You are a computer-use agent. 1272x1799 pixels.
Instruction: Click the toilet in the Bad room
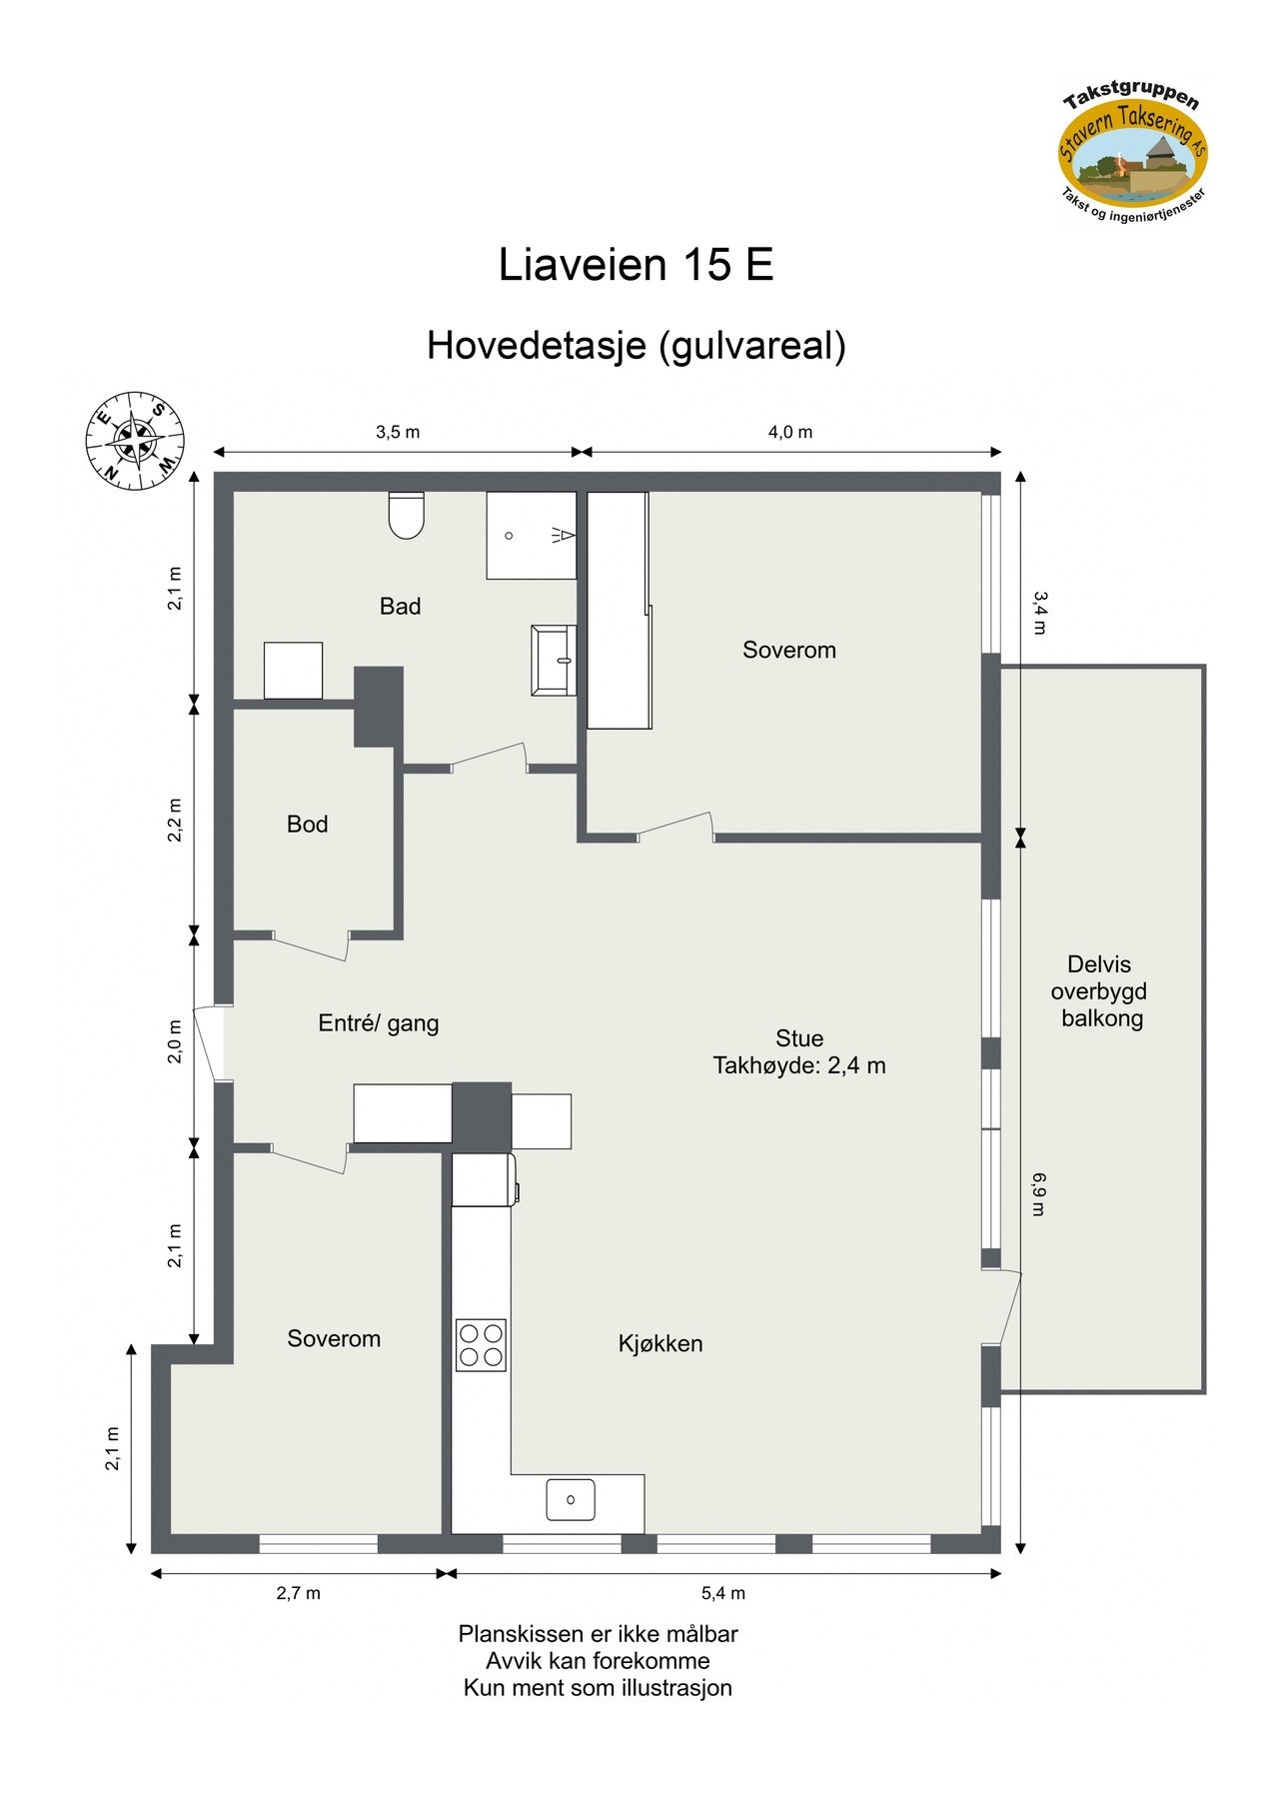[x=406, y=516]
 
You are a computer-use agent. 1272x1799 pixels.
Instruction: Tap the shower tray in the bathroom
[x=531, y=535]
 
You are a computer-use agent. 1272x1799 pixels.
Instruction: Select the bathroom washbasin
[x=554, y=659]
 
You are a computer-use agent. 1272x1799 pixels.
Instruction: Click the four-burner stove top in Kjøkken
[x=481, y=1344]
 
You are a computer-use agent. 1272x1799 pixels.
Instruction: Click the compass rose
[x=135, y=441]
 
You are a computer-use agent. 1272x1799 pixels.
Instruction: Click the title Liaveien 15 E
[x=636, y=265]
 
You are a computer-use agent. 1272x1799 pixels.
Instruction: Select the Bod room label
[x=307, y=824]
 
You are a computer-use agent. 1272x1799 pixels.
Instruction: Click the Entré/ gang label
[x=378, y=1022]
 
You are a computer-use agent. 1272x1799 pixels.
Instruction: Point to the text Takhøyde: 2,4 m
[x=798, y=1065]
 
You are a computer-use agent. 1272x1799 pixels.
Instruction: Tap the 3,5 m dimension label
[x=398, y=432]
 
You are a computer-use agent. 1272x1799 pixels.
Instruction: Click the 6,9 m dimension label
[x=1038, y=1194]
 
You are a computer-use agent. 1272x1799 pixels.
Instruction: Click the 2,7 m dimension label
[x=298, y=1593]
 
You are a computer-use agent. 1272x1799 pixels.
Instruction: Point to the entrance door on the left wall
[x=210, y=1042]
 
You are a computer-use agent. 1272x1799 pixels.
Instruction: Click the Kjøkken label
[x=659, y=1343]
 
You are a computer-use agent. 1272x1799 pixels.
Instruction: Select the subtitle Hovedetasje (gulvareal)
[x=636, y=346]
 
